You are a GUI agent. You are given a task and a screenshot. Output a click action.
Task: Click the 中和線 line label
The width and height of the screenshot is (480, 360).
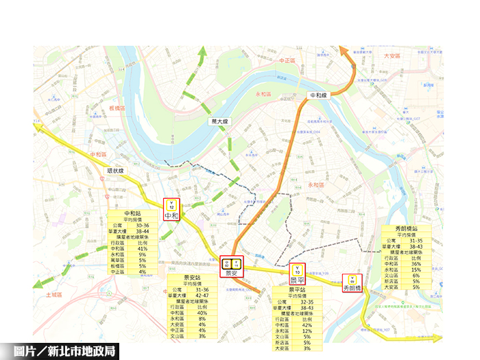point(319,96)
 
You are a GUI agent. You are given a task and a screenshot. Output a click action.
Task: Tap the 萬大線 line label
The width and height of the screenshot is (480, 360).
point(220,121)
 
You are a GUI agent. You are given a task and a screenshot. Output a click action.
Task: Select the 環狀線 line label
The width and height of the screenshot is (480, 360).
point(115,171)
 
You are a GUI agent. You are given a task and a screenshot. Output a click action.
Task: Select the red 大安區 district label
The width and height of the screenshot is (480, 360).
point(392,56)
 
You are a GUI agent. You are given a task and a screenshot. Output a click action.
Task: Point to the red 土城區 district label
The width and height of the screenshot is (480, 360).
point(54,294)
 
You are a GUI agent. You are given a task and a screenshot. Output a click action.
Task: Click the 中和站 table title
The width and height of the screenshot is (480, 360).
point(132,214)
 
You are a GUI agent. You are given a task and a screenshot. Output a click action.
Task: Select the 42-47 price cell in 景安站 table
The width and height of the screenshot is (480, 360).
point(202,294)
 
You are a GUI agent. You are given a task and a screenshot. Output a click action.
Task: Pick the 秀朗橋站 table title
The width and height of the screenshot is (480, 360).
point(405,230)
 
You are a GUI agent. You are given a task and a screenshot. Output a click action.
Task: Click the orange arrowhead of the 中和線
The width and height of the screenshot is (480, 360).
point(344,51)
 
